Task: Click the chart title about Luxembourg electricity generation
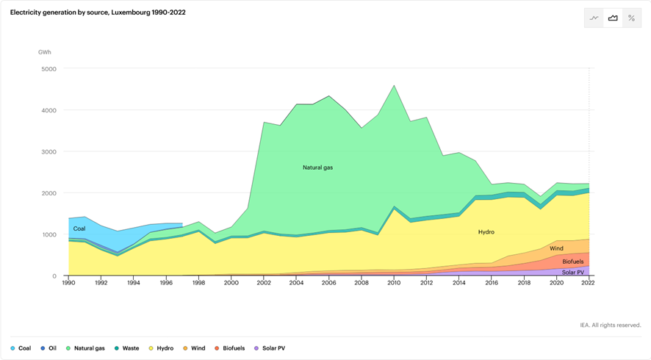(x=98, y=12)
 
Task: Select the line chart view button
(x=594, y=18)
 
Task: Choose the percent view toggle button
(x=632, y=18)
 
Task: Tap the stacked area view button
(x=613, y=18)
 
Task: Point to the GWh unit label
(x=45, y=52)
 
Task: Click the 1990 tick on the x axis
(x=69, y=282)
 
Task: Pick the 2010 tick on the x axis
(x=394, y=282)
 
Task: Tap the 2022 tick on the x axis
(x=589, y=282)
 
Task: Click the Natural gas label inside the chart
(x=317, y=168)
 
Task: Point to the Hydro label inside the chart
(x=486, y=232)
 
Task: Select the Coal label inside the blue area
(x=79, y=229)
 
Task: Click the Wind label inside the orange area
(x=556, y=249)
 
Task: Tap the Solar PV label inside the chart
(x=573, y=273)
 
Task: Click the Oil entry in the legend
(x=48, y=348)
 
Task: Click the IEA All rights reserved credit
(x=610, y=325)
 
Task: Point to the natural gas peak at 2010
(x=394, y=86)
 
